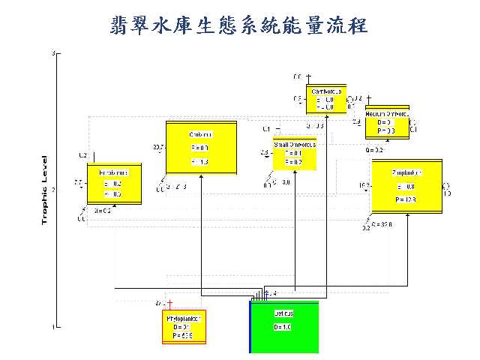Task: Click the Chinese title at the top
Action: click(x=239, y=25)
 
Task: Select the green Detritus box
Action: click(x=284, y=327)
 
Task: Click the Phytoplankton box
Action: click(x=184, y=327)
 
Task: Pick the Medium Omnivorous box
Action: click(x=387, y=121)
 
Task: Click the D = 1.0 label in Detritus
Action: click(x=282, y=328)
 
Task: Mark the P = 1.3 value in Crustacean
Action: click(x=200, y=162)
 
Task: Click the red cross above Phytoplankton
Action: click(x=170, y=303)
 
